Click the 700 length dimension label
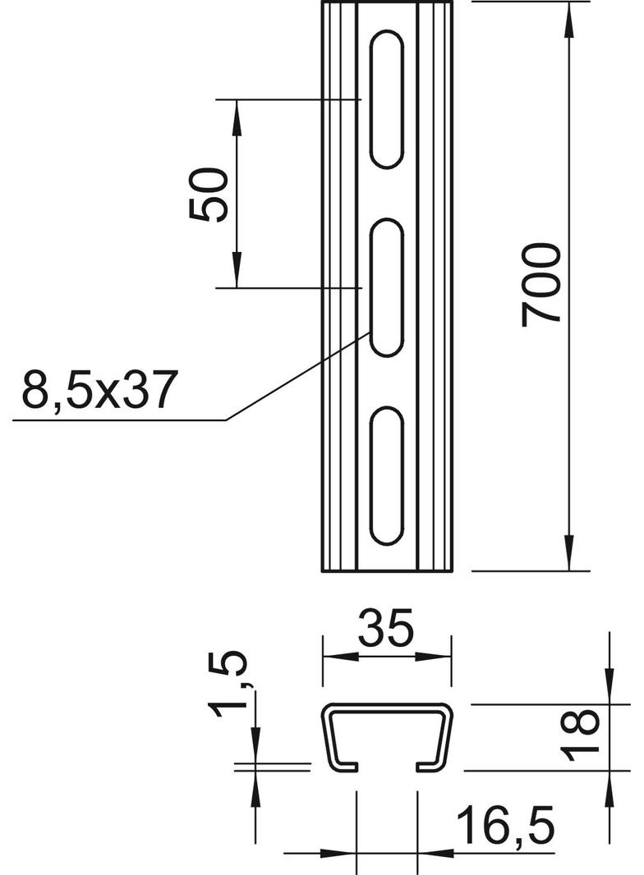click(540, 284)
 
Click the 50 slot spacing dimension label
click(209, 195)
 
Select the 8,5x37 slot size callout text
click(100, 389)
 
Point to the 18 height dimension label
click(580, 736)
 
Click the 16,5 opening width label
click(505, 825)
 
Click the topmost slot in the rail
click(386, 100)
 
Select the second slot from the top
click(386, 288)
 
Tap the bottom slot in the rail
click(386, 476)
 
